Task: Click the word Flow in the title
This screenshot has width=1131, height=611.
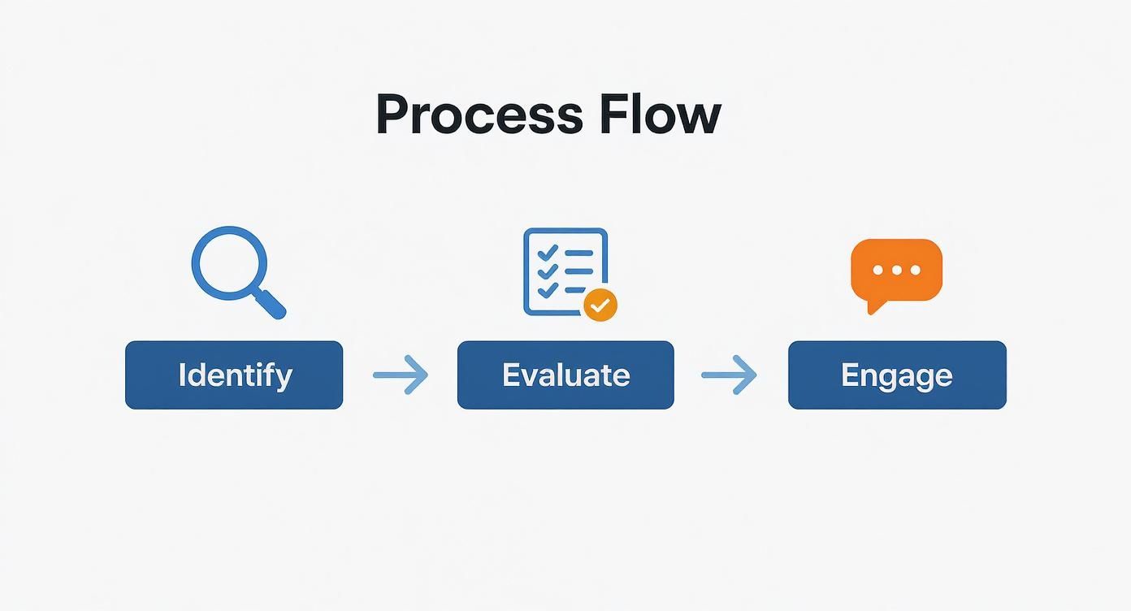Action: click(x=660, y=115)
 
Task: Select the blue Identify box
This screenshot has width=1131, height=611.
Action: click(x=234, y=375)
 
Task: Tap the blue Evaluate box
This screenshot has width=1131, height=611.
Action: click(x=565, y=375)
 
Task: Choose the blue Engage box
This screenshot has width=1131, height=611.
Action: click(x=897, y=375)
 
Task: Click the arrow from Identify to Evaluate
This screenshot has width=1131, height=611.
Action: click(x=401, y=375)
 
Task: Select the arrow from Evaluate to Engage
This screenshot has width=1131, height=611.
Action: click(x=729, y=375)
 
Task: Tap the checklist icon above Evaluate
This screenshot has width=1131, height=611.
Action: click(x=565, y=271)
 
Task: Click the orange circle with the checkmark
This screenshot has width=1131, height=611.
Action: click(x=600, y=305)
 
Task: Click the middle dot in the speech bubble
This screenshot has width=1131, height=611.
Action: click(x=896, y=270)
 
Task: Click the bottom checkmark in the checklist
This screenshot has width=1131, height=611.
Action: click(x=547, y=289)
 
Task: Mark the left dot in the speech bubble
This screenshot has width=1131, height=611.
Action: click(x=877, y=270)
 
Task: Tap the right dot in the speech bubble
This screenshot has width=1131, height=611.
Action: click(x=916, y=270)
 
